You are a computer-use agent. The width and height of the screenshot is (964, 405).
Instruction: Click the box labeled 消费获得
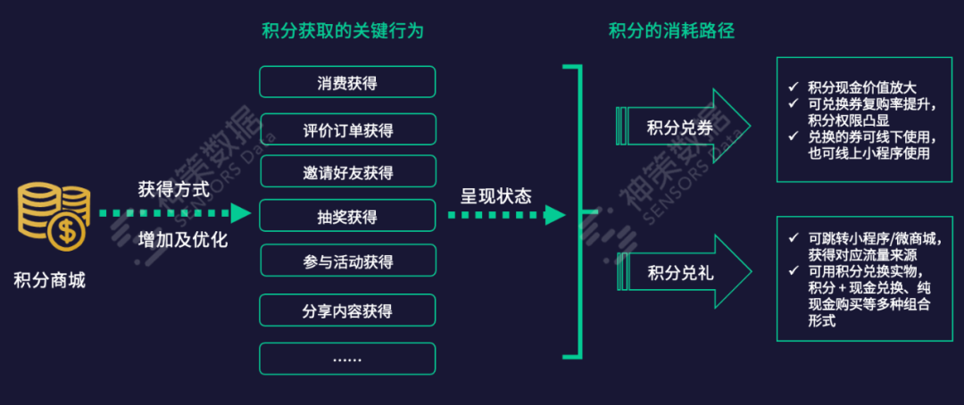347,82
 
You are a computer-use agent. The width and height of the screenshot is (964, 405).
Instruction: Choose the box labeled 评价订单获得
347,129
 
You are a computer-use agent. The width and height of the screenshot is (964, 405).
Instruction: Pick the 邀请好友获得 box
347,171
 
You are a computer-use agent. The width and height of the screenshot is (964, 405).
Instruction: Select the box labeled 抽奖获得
347,216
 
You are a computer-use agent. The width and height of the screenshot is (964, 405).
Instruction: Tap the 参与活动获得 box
347,260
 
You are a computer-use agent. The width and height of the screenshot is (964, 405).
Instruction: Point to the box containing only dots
347,359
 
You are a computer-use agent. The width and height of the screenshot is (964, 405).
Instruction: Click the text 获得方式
174,189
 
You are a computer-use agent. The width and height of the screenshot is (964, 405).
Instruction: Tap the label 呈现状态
495,195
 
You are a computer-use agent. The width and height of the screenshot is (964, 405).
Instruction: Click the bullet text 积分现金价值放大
861,87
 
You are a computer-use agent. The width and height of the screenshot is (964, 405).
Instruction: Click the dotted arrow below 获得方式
175,214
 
